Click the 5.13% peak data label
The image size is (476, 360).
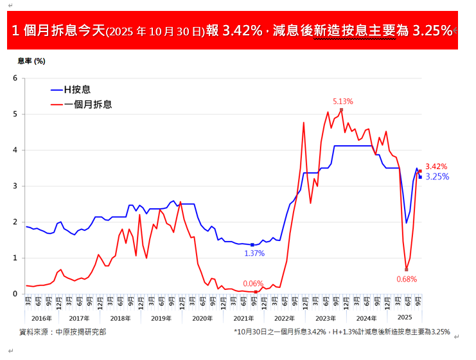343,102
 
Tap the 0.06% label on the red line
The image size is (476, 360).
253,283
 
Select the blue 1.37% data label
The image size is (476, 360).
254,254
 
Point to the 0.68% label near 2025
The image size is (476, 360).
407,279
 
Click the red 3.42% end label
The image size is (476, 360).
436,166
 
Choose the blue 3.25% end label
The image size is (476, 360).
437,177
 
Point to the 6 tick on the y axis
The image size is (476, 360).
15,78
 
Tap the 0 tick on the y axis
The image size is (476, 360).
15,294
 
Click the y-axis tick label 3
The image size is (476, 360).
15,186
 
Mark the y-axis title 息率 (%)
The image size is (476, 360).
31,61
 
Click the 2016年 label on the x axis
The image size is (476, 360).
41,318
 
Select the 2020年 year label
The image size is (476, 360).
202,318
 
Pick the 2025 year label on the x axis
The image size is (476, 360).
404,318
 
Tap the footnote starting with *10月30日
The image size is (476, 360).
342,332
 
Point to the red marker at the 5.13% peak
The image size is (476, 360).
341,110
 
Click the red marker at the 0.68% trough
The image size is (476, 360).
407,269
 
